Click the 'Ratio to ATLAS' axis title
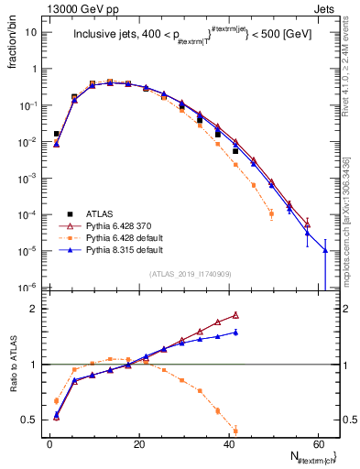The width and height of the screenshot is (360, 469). (x=11, y=363)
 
